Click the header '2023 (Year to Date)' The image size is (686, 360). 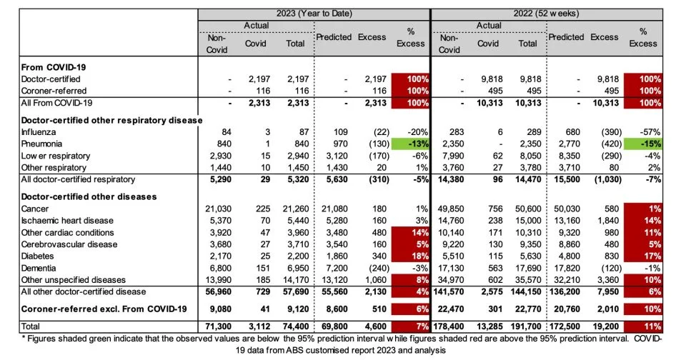tap(314, 14)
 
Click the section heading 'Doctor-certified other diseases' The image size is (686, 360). tap(89, 196)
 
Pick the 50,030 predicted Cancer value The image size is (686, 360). tap(565, 209)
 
